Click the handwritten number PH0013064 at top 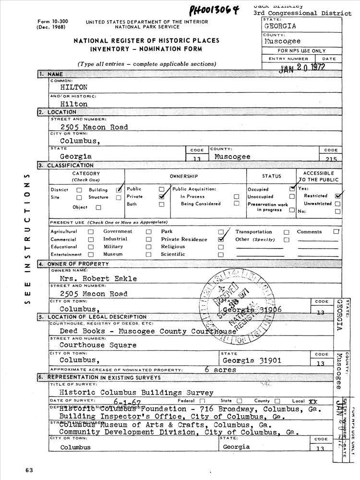213,11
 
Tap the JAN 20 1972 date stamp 302,68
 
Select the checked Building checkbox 119,190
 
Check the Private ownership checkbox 162,196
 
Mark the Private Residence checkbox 221,239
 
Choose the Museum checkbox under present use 149,254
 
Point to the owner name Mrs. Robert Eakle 98,278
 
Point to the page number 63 29,469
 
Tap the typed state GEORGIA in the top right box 280,26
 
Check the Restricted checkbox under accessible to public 338,196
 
